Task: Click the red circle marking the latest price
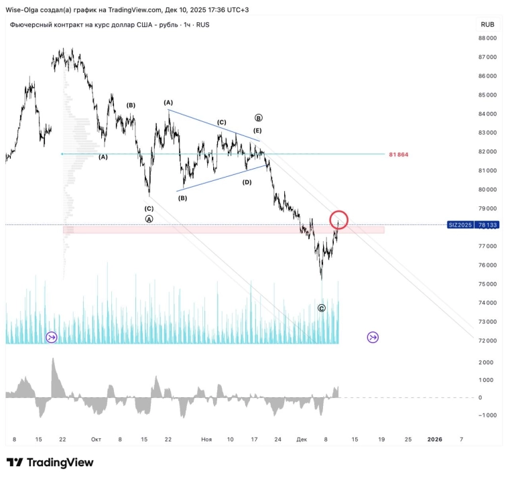point(339,219)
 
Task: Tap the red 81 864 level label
point(398,155)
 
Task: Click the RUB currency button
point(487,25)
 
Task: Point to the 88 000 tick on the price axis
point(487,38)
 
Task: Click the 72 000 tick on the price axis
point(487,341)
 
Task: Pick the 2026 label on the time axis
point(434,439)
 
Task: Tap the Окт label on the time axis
point(96,439)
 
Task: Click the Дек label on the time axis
point(302,439)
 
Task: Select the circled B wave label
point(258,117)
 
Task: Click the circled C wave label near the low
point(322,308)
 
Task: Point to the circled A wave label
point(149,219)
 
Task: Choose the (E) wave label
point(257,130)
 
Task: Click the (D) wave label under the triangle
point(247,182)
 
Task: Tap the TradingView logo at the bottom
point(50,463)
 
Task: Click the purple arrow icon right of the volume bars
point(373,337)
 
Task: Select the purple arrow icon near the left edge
point(52,337)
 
